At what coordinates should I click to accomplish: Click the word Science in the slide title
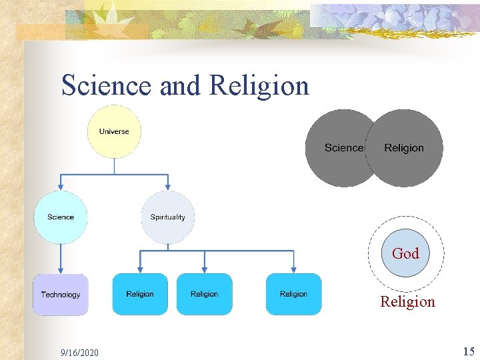pos(107,86)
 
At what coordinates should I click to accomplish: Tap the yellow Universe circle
pos(114,131)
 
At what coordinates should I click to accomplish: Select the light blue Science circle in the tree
pos(61,217)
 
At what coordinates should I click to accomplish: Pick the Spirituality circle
pos(168,217)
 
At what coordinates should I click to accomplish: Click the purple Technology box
pos(61,295)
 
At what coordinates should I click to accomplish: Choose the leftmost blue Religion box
pos(140,294)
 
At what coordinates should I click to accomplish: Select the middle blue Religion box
pos(204,294)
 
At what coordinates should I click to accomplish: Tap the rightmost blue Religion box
pos(293,294)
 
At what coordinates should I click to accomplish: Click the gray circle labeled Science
pos(339,148)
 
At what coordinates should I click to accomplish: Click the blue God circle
pos(405,253)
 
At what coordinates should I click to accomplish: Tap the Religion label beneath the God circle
pos(407,301)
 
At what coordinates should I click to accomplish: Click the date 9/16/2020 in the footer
pos(79,351)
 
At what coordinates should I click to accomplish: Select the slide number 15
pos(468,351)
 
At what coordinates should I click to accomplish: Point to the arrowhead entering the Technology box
pos(61,270)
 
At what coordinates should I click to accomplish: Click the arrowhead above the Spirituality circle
pos(168,186)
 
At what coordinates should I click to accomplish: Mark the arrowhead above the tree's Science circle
pos(61,186)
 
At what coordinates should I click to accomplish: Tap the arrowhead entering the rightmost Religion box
pos(293,269)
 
